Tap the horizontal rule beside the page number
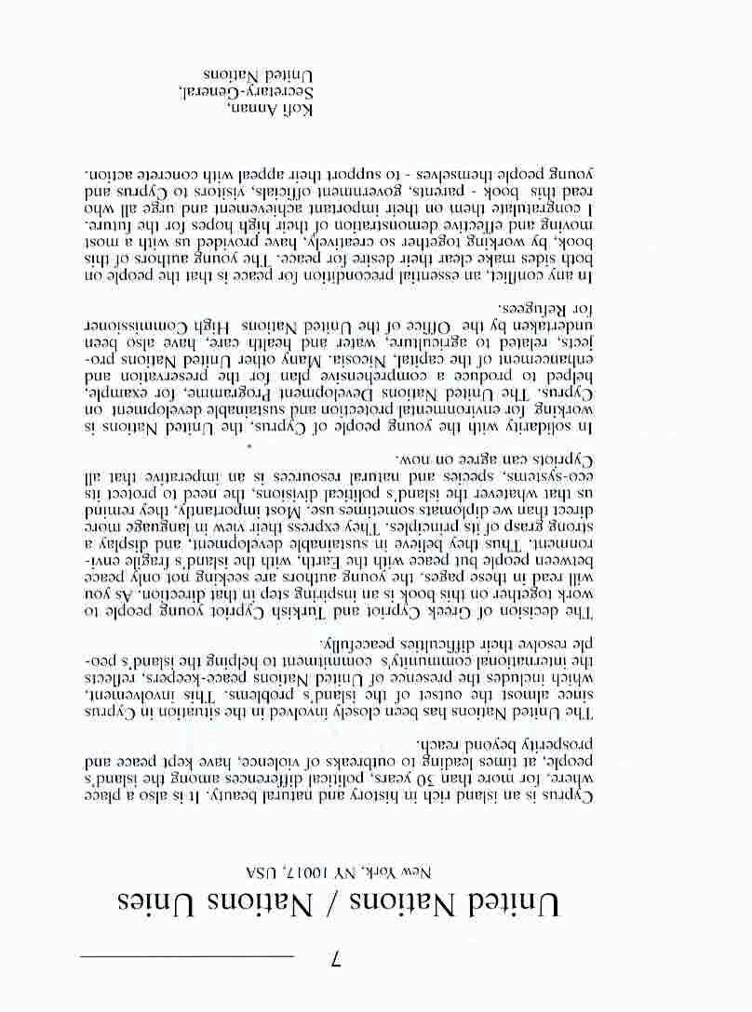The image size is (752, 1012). pos(186,955)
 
